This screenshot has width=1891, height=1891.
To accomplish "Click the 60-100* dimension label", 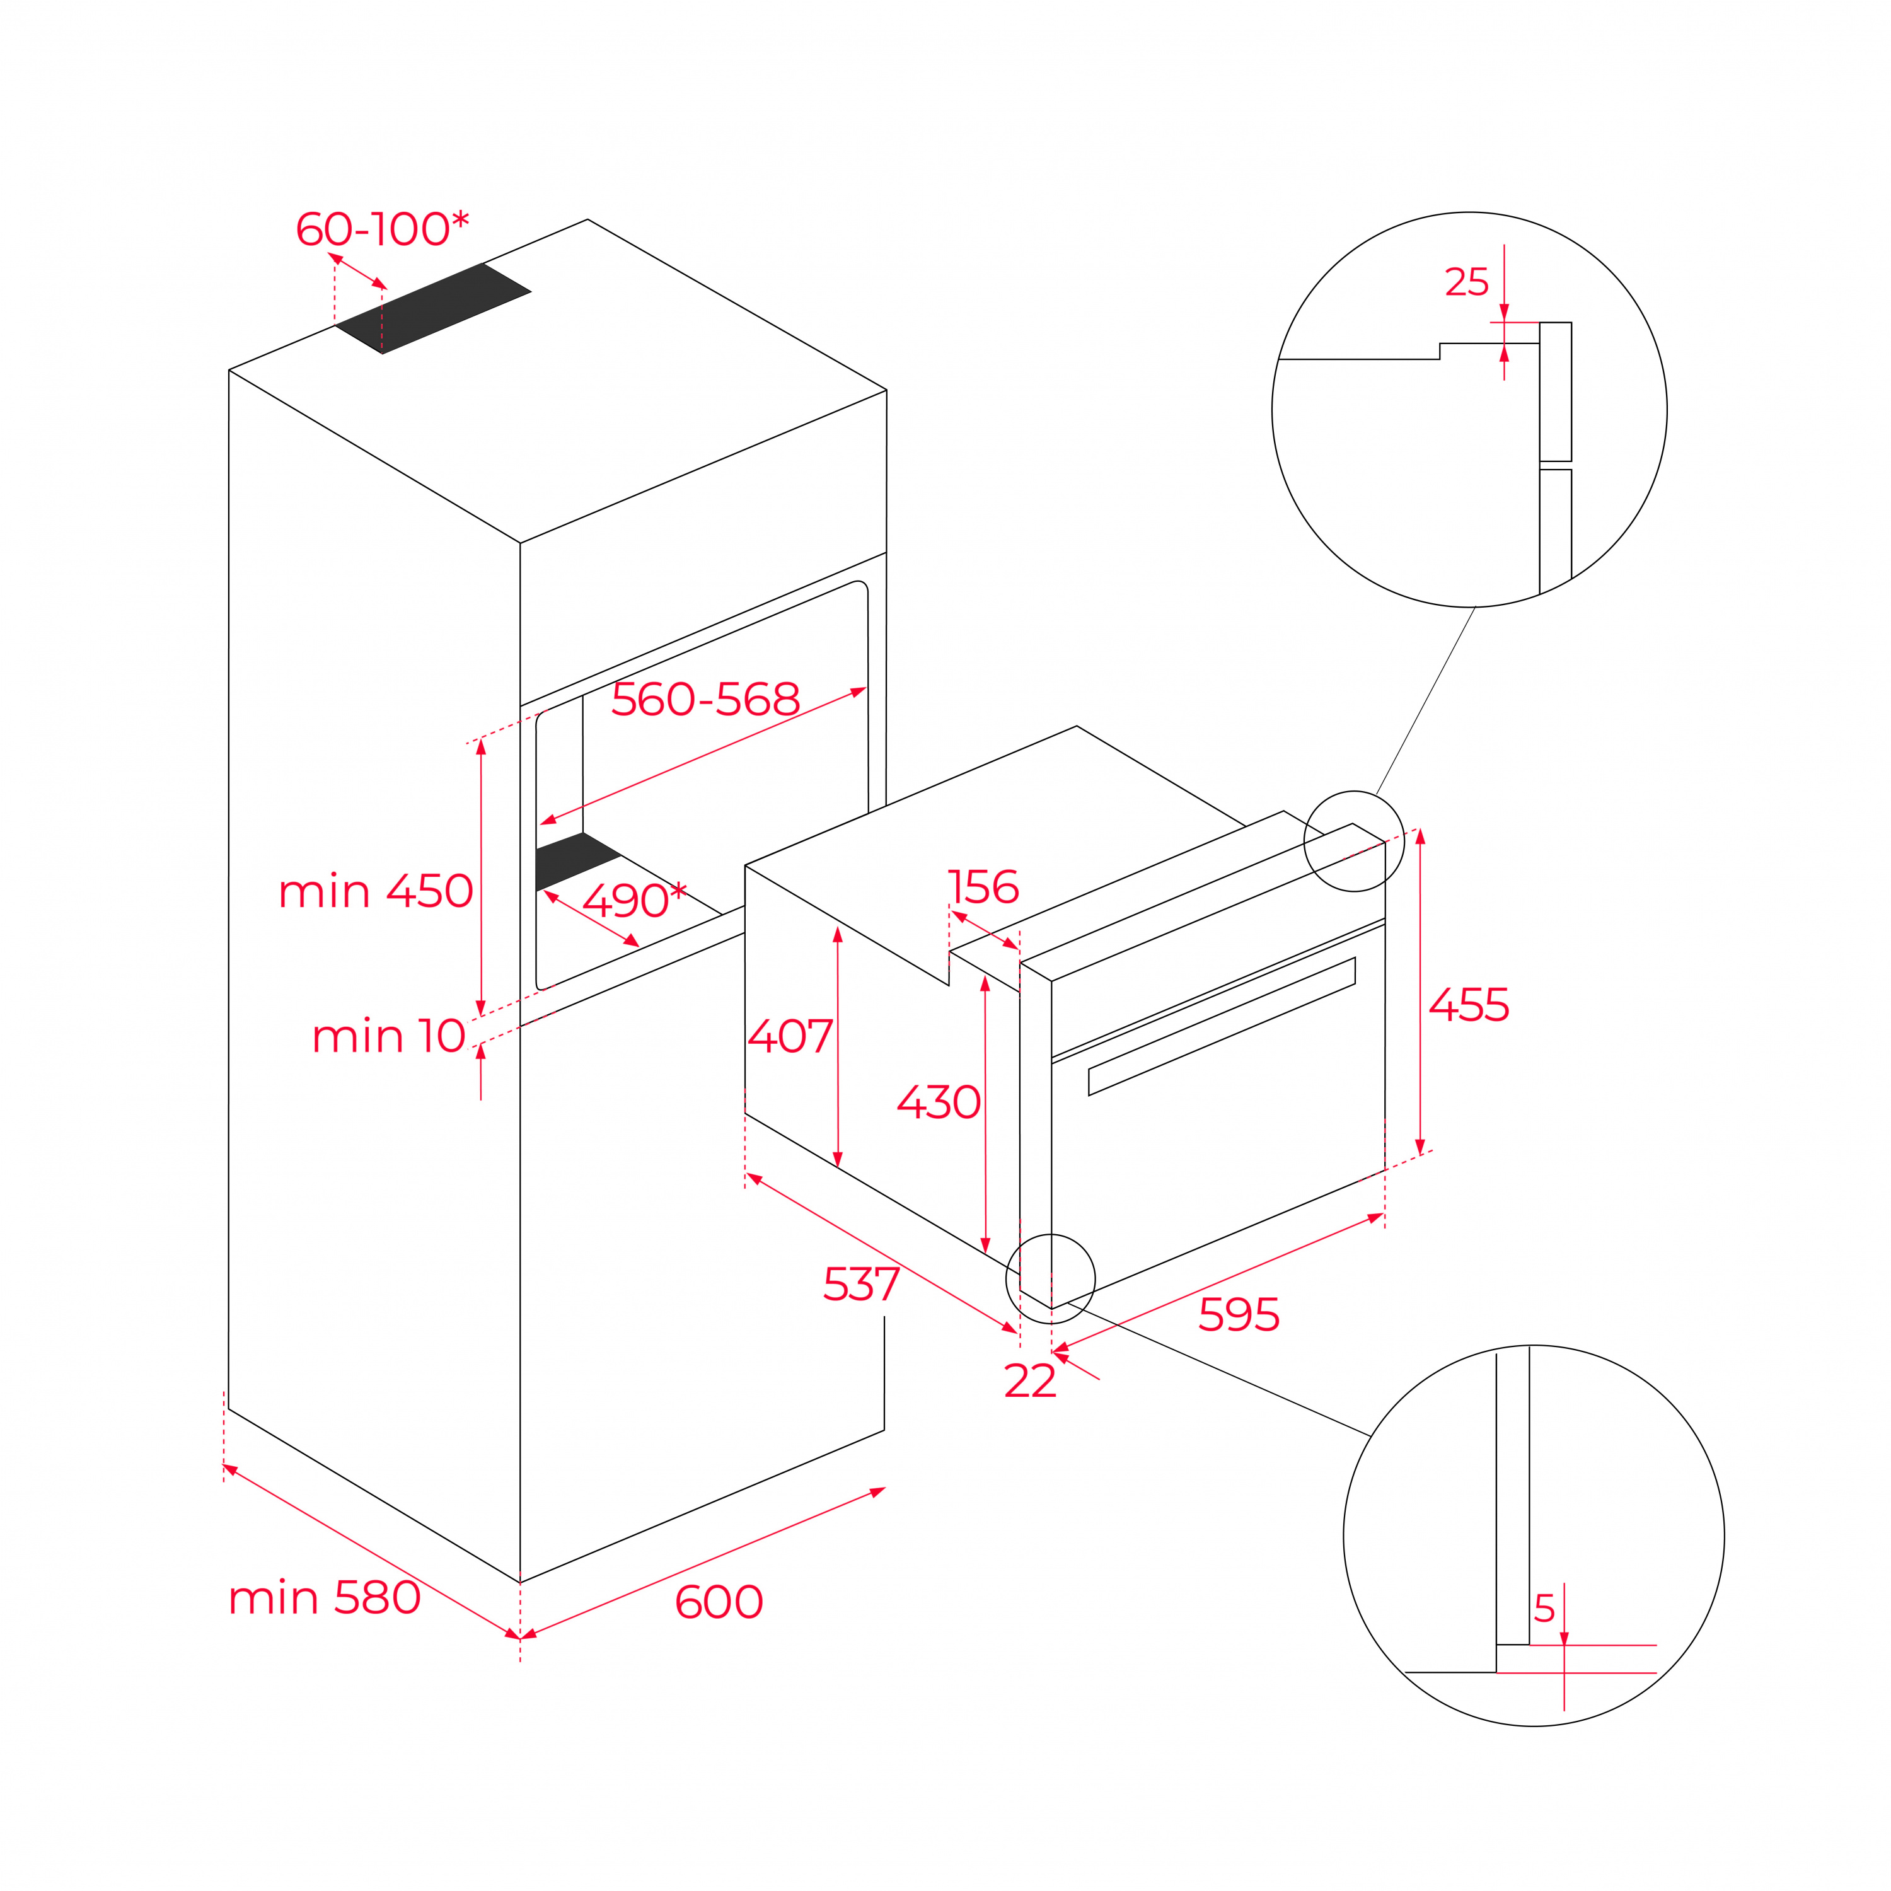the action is (383, 228).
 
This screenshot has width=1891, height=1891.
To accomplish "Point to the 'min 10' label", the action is (388, 1036).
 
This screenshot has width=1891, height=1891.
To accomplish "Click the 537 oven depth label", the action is (861, 1284).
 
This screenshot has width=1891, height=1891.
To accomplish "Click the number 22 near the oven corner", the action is (1031, 1381).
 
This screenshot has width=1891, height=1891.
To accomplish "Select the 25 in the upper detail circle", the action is (1467, 282).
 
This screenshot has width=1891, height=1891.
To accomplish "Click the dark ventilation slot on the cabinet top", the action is (432, 308).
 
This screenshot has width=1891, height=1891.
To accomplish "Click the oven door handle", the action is (1222, 1026).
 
